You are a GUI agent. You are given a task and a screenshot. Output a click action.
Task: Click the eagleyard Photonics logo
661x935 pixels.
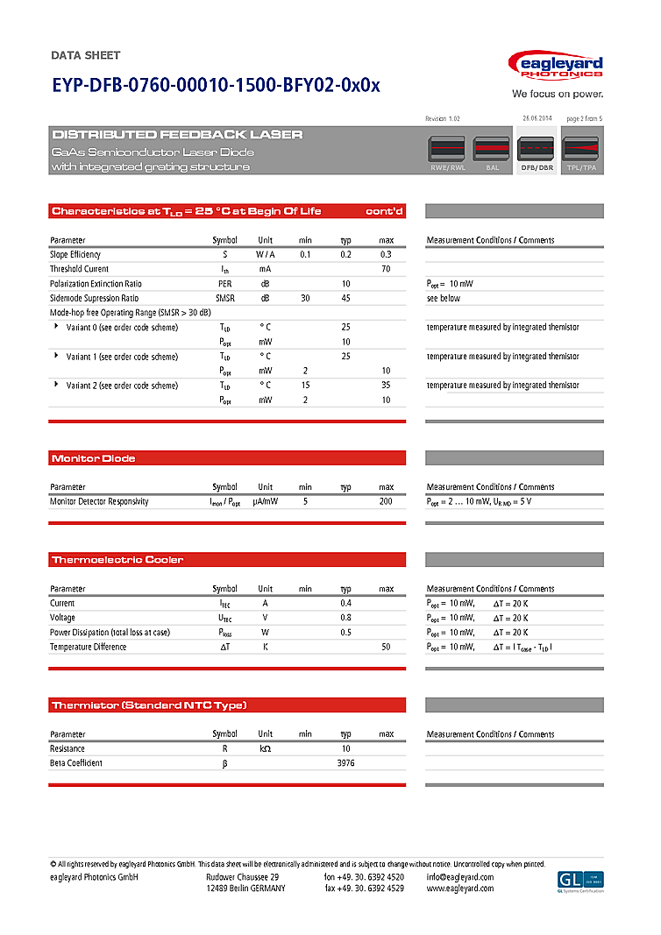click(x=555, y=67)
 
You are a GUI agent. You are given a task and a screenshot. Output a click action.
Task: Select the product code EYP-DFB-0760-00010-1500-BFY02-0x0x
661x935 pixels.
click(x=216, y=86)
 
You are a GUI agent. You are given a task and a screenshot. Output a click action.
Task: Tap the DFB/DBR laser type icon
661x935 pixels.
click(x=537, y=153)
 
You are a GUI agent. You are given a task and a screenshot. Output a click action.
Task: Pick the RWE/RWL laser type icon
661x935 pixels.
click(x=447, y=153)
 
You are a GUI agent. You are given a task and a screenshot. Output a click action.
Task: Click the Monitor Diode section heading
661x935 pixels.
click(x=94, y=458)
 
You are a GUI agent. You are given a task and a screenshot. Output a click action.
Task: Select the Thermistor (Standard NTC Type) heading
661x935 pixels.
click(x=149, y=705)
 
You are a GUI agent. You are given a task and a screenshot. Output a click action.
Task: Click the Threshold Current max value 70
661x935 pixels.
click(x=386, y=269)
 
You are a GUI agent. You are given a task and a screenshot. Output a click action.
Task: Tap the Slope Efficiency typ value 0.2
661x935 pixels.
click(x=346, y=254)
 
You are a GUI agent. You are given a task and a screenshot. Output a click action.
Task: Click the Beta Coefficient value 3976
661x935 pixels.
click(x=346, y=763)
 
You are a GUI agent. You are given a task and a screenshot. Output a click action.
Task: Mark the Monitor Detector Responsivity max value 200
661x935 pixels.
click(x=386, y=502)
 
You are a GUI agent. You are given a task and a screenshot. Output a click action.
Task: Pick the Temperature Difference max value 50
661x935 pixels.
click(x=386, y=647)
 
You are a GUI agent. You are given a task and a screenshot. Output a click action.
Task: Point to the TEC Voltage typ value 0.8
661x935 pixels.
click(x=346, y=618)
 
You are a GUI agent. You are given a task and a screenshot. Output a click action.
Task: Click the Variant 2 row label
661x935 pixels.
click(x=122, y=386)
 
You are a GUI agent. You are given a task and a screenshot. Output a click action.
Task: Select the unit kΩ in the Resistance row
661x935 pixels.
click(x=266, y=749)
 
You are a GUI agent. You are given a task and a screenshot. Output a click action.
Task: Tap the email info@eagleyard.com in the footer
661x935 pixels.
click(x=460, y=877)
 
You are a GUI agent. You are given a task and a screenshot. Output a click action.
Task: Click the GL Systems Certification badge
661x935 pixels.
click(x=580, y=882)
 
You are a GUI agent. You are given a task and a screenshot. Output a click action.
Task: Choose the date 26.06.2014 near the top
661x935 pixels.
click(x=537, y=117)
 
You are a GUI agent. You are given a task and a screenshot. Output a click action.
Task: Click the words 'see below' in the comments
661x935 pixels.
click(x=444, y=298)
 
